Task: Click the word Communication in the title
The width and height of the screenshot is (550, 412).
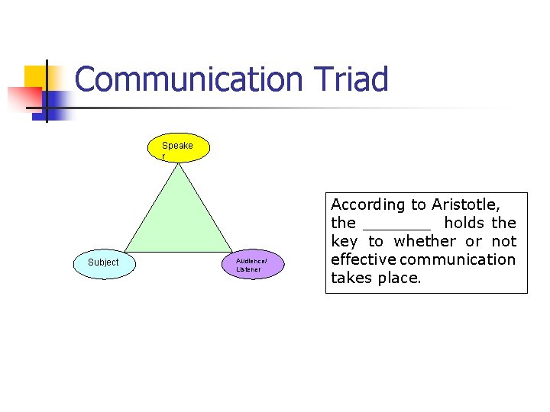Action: click(x=189, y=80)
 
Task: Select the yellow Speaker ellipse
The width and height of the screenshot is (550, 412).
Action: click(x=178, y=150)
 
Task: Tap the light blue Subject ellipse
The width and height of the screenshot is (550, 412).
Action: click(x=103, y=262)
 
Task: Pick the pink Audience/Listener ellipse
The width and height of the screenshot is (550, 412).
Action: click(x=252, y=264)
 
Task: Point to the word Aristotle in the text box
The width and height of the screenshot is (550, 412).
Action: click(x=465, y=204)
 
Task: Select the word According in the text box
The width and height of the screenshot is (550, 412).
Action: click(x=367, y=204)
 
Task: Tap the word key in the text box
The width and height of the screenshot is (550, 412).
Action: click(x=345, y=242)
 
